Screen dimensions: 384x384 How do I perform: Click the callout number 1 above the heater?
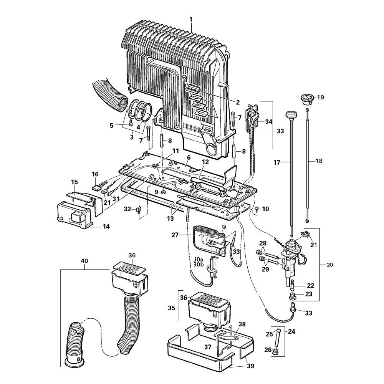coord(191,19)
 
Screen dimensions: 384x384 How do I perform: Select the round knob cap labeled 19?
coord(306,98)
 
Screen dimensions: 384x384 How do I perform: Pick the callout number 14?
coord(106,227)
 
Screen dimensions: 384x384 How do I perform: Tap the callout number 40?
coord(84,261)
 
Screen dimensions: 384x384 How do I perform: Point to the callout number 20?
coord(330,265)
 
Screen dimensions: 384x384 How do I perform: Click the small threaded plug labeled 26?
coord(276,351)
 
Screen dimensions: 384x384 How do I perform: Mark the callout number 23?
coord(309,294)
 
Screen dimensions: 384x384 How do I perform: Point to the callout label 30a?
coord(199,259)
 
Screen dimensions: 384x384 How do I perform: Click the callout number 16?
coord(95,174)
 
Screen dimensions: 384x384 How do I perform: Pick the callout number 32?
coord(127,209)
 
